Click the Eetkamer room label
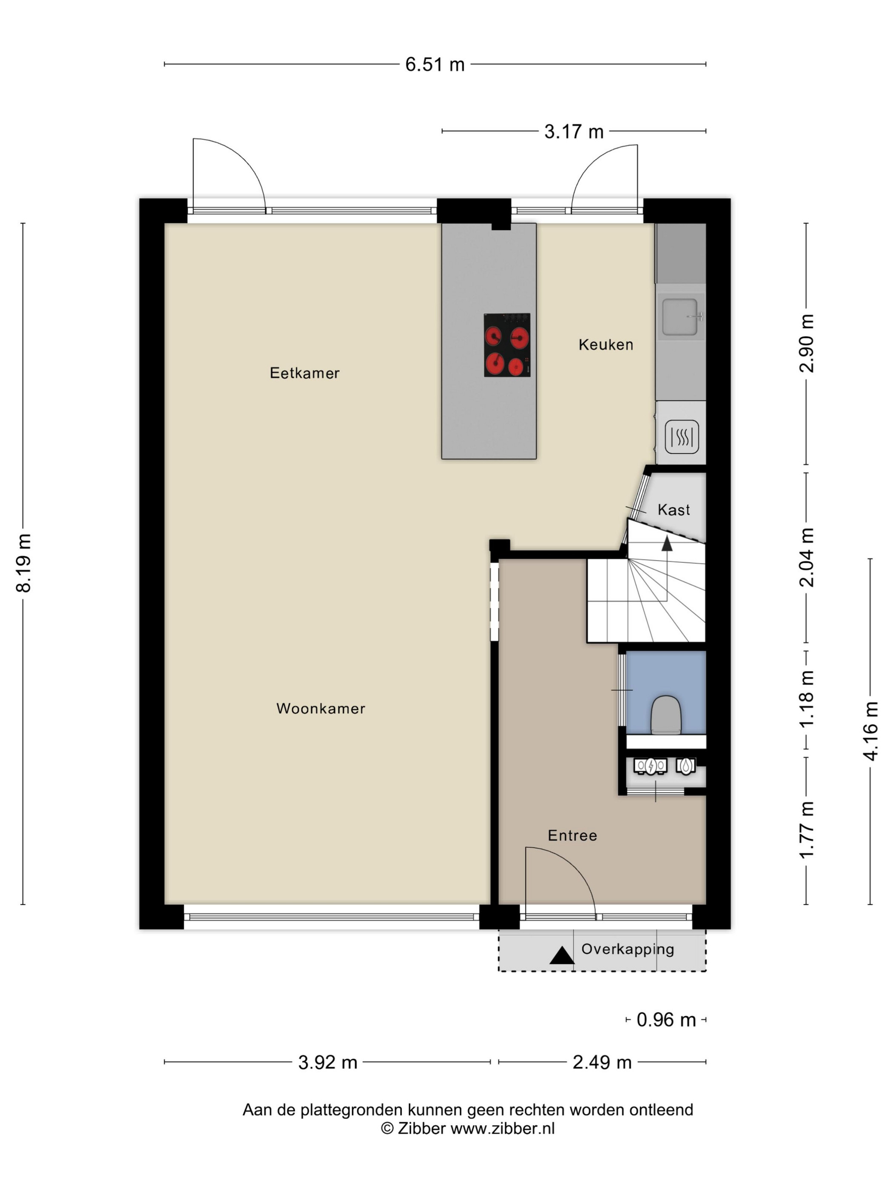(304, 373)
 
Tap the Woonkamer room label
(321, 709)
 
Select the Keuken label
(606, 345)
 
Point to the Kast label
(674, 510)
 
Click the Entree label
(572, 836)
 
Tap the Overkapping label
(628, 949)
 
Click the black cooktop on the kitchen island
(507, 345)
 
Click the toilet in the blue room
(666, 715)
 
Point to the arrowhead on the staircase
(667, 543)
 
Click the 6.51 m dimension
(435, 65)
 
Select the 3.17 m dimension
(574, 131)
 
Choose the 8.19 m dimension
(24, 563)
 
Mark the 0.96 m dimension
(666, 1020)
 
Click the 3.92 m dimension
(328, 1062)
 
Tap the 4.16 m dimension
(870, 731)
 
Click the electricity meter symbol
(650, 766)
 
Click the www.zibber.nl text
(502, 1128)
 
